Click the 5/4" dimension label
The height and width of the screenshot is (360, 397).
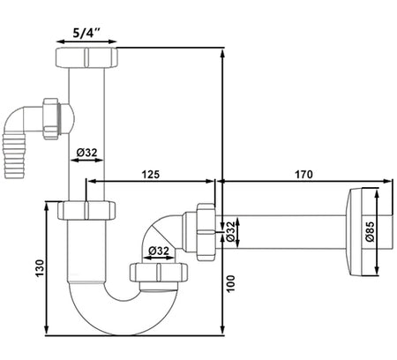[86, 33]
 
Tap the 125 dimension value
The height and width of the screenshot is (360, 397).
[151, 175]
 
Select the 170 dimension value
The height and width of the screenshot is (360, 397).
[303, 175]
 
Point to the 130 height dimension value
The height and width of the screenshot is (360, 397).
[40, 268]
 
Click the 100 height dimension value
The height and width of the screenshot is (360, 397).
[231, 283]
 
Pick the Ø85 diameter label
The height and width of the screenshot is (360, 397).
[370, 231]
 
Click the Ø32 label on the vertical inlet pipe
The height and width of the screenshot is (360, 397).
[86, 153]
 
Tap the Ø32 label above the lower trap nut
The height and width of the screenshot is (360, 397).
[159, 251]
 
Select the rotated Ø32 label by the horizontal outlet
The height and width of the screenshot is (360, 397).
[231, 231]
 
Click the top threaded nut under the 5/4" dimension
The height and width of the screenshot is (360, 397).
[86, 57]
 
